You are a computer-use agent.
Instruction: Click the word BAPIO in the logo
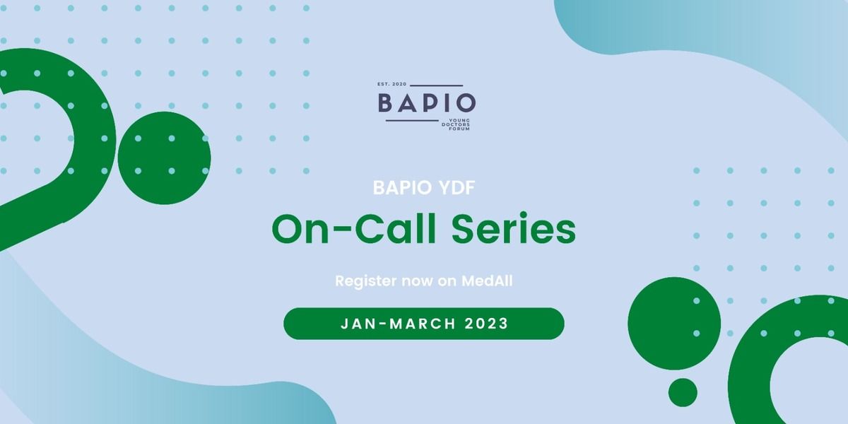click(x=427, y=102)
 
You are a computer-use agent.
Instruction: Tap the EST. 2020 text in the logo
click(x=391, y=84)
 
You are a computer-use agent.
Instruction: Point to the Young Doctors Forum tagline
click(x=456, y=124)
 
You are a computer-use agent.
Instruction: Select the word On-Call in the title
click(x=354, y=230)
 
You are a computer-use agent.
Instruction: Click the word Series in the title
click(x=514, y=230)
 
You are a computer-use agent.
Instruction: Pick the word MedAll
click(x=487, y=281)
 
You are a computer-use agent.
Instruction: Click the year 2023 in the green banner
click(x=486, y=324)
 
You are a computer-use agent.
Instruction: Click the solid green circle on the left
click(x=164, y=158)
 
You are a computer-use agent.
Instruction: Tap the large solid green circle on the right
click(x=674, y=324)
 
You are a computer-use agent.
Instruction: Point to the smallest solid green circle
click(x=683, y=392)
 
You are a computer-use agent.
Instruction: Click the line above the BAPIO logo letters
click(x=437, y=86)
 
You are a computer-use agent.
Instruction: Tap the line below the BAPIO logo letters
click(x=412, y=121)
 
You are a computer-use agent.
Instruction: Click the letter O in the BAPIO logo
click(x=465, y=102)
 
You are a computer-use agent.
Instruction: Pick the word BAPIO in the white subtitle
click(x=402, y=188)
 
